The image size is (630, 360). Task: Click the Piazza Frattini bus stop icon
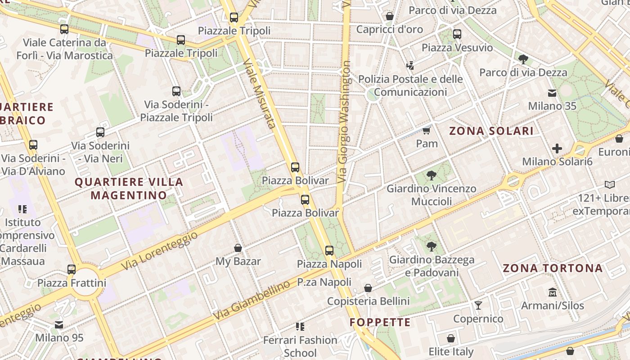pyautogui.click(x=72, y=270)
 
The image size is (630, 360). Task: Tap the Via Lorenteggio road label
pyautogui.click(x=159, y=252)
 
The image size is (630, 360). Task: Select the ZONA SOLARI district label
pyautogui.click(x=491, y=131)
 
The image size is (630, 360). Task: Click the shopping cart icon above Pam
pyautogui.click(x=427, y=130)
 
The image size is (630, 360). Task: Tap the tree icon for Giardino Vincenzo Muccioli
pyautogui.click(x=431, y=175)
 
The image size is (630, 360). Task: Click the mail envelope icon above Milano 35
pyautogui.click(x=552, y=93)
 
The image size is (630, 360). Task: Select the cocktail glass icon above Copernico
pyautogui.click(x=478, y=306)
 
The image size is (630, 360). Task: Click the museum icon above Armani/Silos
pyautogui.click(x=553, y=292)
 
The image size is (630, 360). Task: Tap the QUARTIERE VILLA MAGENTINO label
pyautogui.click(x=129, y=189)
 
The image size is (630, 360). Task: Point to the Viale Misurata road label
pyautogui.click(x=259, y=93)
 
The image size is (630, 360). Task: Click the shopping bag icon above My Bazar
pyautogui.click(x=238, y=248)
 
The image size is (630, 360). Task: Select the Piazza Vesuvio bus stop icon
pyautogui.click(x=457, y=34)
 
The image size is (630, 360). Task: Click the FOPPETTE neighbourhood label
pyautogui.click(x=380, y=322)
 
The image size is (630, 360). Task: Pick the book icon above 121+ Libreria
pyautogui.click(x=609, y=184)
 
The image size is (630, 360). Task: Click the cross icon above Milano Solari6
pyautogui.click(x=557, y=148)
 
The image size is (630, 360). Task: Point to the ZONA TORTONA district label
pyautogui.click(x=552, y=268)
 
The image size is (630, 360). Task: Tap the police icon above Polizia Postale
pyautogui.click(x=410, y=66)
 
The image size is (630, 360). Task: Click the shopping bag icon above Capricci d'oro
pyautogui.click(x=390, y=16)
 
